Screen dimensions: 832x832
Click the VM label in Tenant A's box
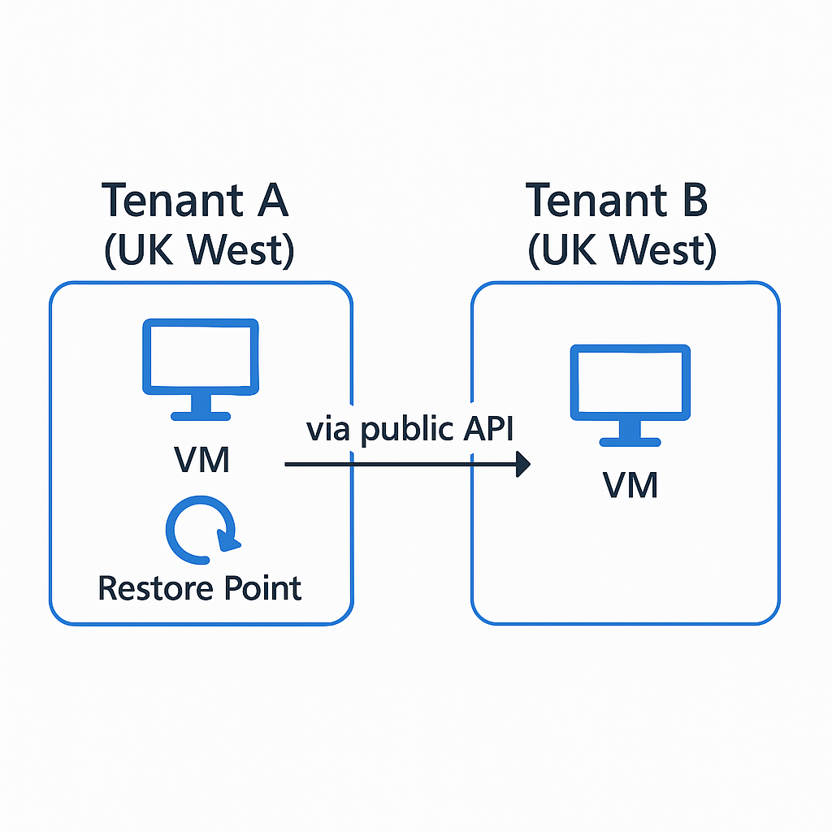tap(202, 460)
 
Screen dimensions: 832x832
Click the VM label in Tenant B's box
tap(630, 485)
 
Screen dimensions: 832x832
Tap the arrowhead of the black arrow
tap(522, 465)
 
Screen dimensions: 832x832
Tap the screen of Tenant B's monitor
tap(630, 382)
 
